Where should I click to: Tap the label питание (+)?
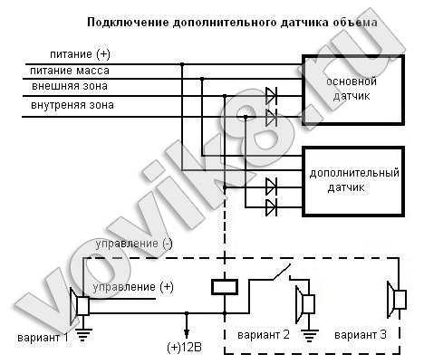click(80, 54)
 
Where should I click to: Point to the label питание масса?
click(70, 71)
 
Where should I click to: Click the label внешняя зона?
click(70, 86)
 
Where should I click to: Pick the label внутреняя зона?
click(72, 105)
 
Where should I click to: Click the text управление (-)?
click(134, 244)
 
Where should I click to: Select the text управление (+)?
click(133, 287)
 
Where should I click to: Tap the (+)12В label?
click(184, 348)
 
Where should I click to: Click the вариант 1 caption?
click(43, 338)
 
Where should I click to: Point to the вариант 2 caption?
click(264, 335)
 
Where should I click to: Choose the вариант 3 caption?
click(361, 335)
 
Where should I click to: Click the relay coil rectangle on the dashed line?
click(225, 287)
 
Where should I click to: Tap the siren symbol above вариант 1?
click(79, 306)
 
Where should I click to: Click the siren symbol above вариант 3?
click(397, 299)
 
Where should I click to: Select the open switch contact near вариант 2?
click(282, 273)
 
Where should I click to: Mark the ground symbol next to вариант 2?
click(309, 336)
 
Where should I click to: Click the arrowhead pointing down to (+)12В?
click(187, 334)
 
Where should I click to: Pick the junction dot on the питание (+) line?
click(182, 64)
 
